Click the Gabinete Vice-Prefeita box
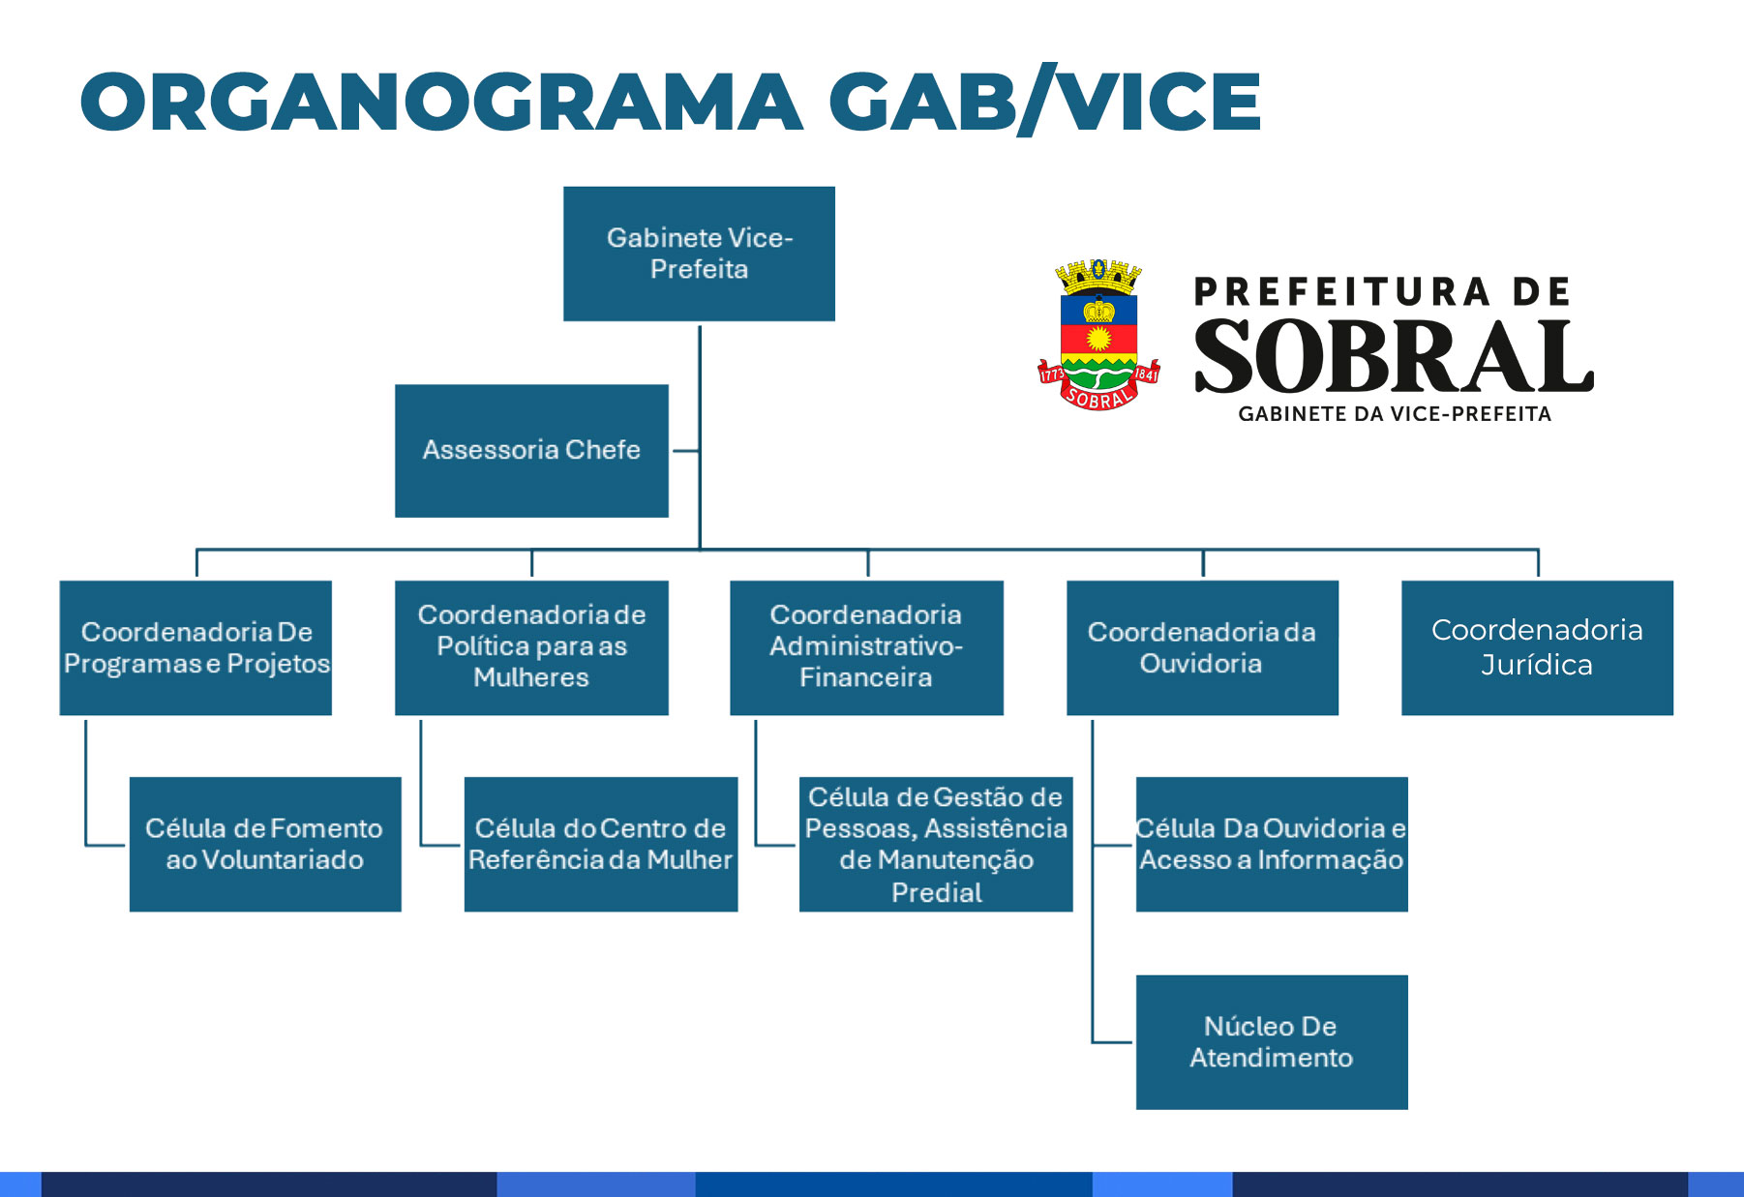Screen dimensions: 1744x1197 tap(699, 254)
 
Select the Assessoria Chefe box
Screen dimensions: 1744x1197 tap(531, 451)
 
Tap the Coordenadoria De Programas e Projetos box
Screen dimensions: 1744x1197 tap(195, 647)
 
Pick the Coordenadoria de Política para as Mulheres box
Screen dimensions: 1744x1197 tap(531, 647)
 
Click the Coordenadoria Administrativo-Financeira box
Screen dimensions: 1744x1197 tap(866, 647)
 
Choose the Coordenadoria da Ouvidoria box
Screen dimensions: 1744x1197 tap(1202, 647)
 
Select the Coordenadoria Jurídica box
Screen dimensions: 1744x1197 tap(1537, 647)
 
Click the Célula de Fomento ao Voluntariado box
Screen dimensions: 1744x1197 tap(265, 844)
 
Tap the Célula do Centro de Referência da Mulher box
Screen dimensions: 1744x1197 tap(601, 844)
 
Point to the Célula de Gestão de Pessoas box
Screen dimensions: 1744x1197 tap(936, 844)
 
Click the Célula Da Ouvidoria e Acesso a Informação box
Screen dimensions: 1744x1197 tap(1272, 844)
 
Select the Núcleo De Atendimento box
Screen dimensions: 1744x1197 tap(1272, 1042)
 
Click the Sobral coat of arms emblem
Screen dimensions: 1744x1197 tap(1098, 334)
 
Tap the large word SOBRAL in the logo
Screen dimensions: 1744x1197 tap(1394, 356)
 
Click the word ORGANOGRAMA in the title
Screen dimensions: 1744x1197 tap(441, 102)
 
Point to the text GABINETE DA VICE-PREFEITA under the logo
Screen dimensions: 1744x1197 tap(1395, 414)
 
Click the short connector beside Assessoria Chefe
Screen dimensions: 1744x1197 tap(685, 451)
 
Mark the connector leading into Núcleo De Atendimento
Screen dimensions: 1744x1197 tap(1112, 1042)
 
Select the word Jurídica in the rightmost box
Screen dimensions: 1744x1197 tap(1537, 665)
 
